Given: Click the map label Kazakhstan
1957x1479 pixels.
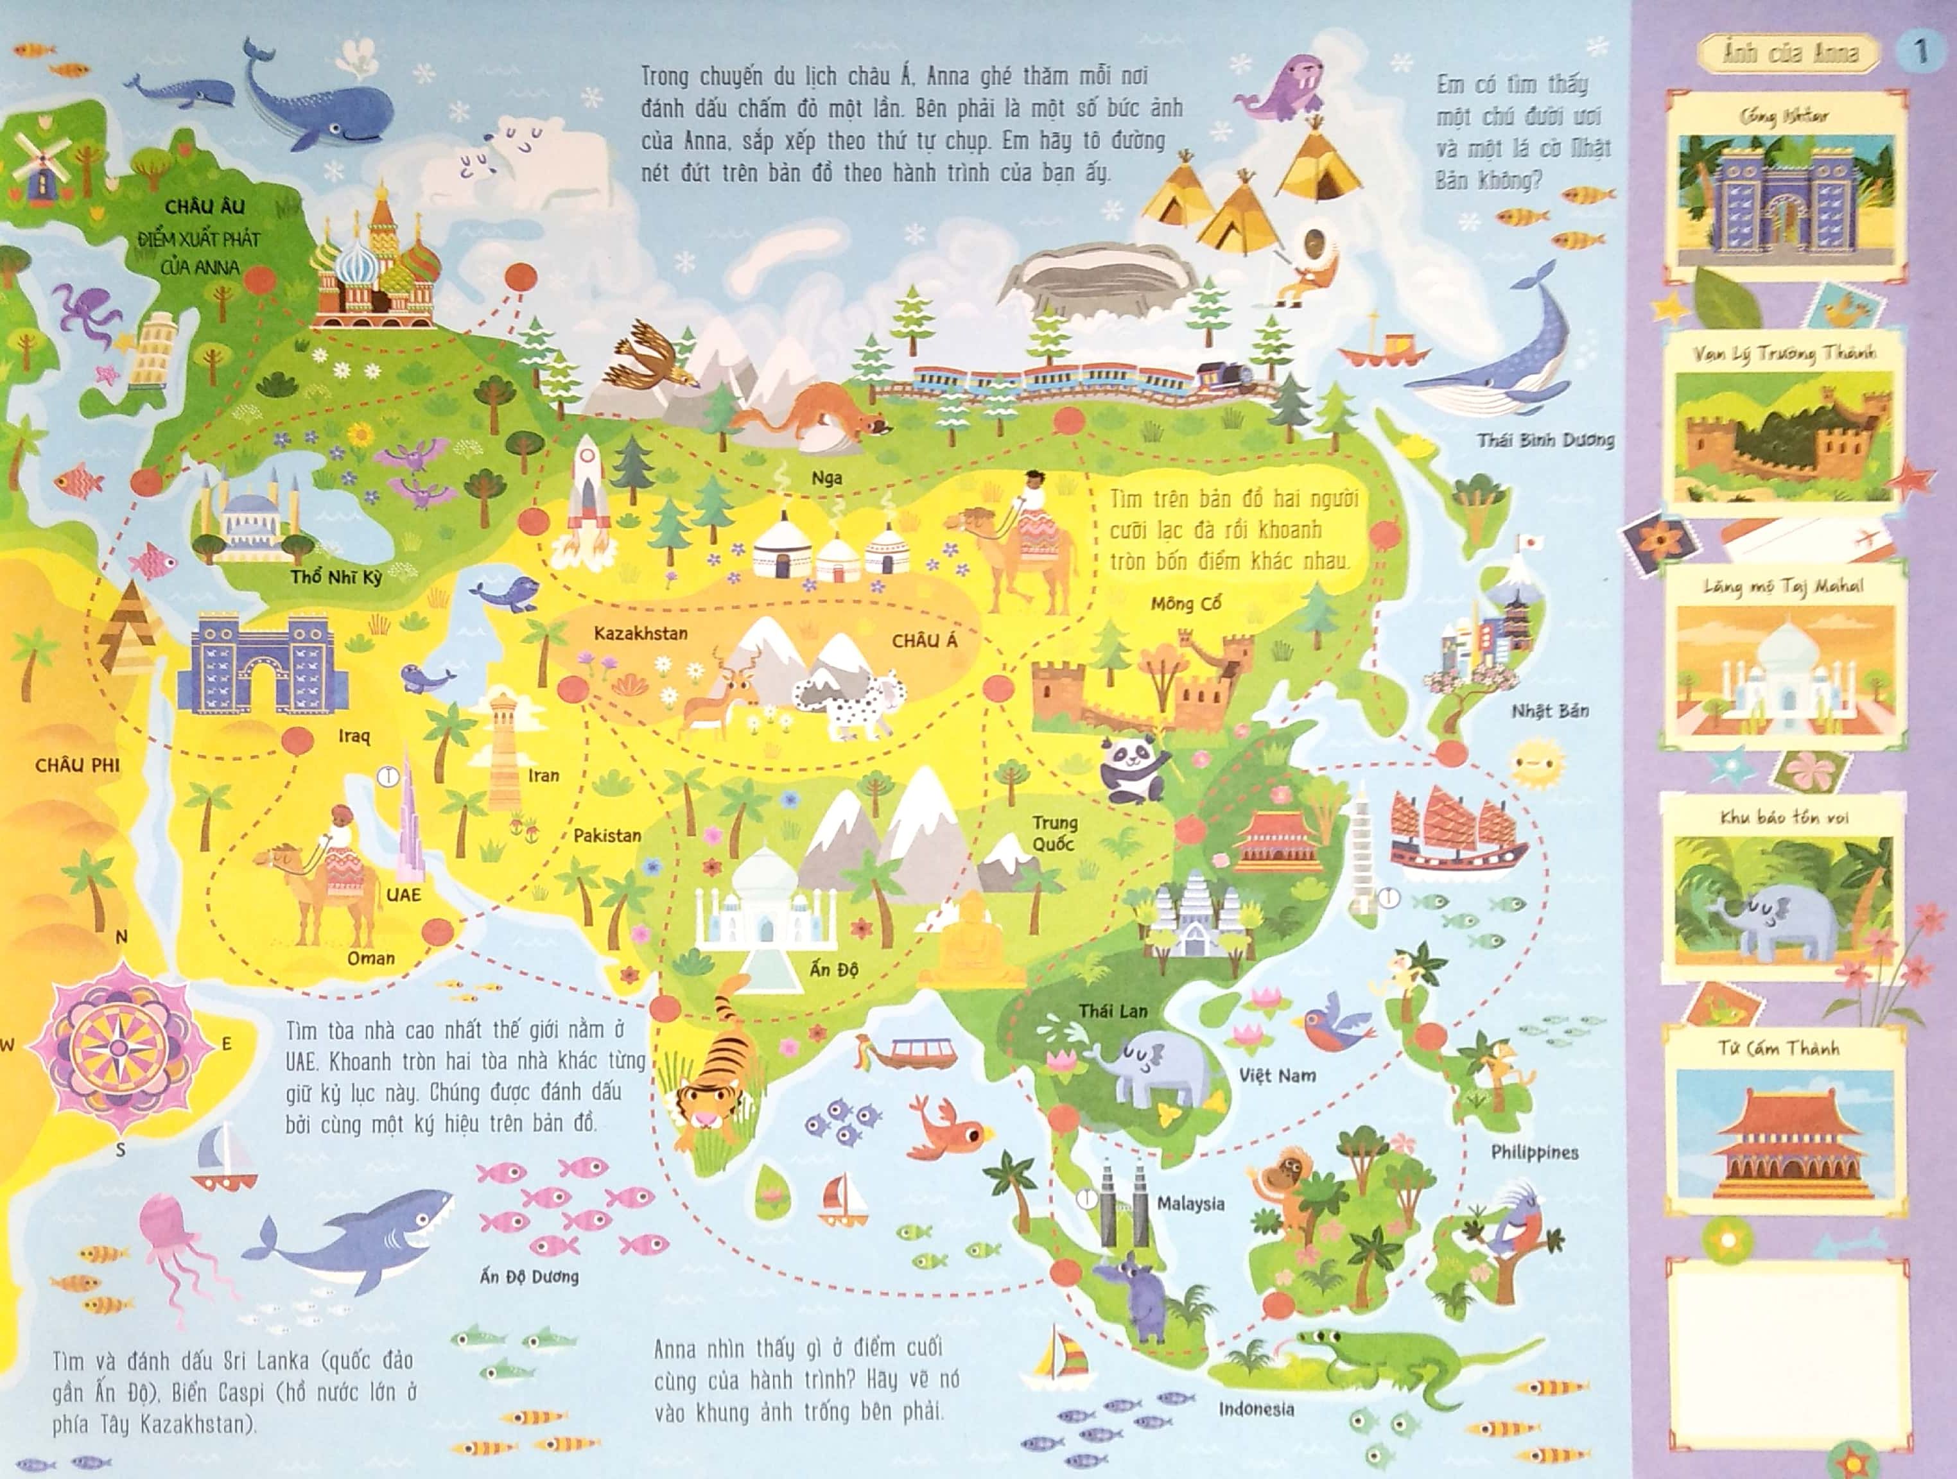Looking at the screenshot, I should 641,634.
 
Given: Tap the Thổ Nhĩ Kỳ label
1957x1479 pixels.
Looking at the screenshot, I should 336,578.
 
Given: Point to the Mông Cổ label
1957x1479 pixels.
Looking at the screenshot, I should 1185,604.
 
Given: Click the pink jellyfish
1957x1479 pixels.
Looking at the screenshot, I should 173,1252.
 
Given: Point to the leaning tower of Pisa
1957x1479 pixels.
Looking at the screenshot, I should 146,349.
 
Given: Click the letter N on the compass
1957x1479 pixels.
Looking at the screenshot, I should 122,937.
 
